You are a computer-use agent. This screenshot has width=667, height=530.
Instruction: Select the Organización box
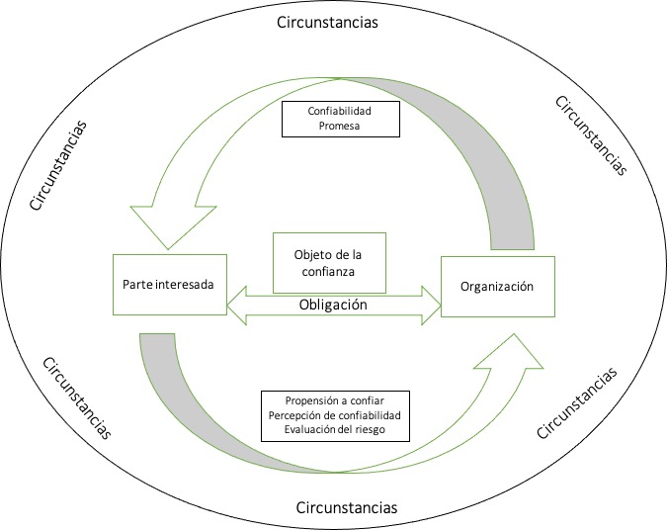tap(496, 287)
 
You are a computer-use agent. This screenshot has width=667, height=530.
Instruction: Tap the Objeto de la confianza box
tap(329, 263)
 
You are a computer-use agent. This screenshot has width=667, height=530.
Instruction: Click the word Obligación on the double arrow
tap(333, 305)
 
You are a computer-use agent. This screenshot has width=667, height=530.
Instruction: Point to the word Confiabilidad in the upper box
tap(340, 111)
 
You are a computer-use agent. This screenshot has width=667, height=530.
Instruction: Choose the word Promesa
tap(340, 126)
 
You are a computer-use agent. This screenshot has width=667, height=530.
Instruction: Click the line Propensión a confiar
tap(335, 400)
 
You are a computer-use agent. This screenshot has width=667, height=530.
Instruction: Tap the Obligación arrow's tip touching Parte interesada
tap(233, 305)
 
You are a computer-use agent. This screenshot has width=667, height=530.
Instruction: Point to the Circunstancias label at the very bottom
tap(347, 507)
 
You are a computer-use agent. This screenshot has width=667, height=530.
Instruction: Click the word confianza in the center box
tap(329, 270)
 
